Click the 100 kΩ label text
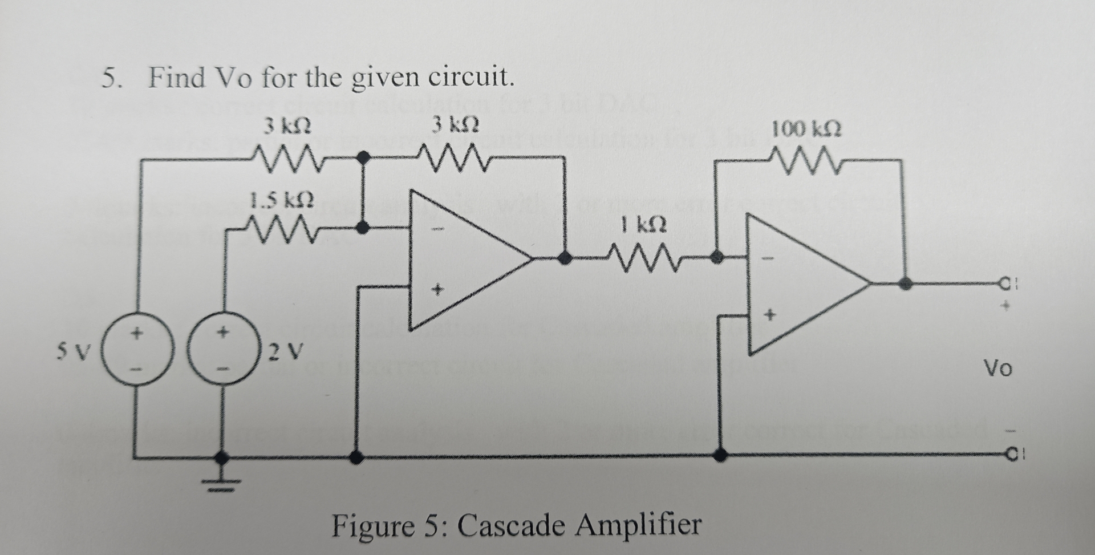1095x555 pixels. (805, 129)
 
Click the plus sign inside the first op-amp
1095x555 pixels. (437, 290)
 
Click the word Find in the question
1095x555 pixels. (176, 78)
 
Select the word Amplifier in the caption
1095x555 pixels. (638, 525)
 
